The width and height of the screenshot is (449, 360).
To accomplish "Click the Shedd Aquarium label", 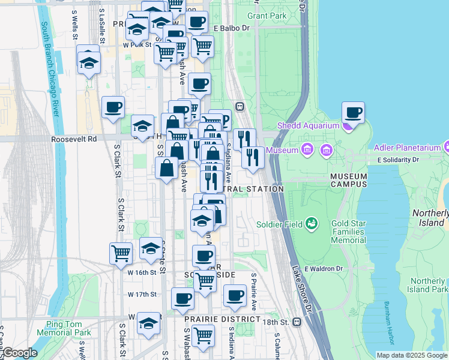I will click(x=308, y=125).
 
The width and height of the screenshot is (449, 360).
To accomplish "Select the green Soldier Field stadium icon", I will click(x=311, y=225).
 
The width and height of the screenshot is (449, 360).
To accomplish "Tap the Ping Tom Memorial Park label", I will click(x=64, y=328).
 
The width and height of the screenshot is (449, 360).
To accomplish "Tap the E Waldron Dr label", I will click(x=322, y=269).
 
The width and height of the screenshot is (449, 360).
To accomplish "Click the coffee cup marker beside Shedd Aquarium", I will click(x=353, y=112).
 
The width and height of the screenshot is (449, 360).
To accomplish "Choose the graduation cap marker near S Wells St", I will click(x=89, y=62).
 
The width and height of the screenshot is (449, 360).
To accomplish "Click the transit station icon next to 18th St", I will click(x=297, y=322).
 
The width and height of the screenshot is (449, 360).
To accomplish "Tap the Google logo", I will click(x=19, y=353).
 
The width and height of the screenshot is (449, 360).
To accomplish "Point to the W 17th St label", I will click(x=142, y=294).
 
